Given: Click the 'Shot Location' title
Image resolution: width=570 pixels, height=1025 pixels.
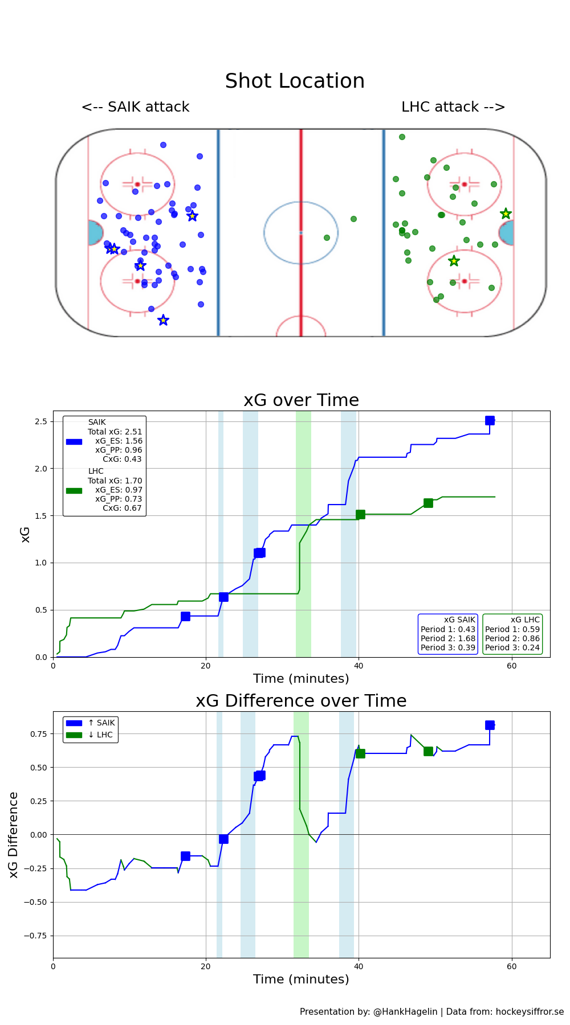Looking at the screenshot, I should click(295, 81).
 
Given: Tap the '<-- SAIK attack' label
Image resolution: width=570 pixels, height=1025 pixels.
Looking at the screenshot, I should click(135, 107).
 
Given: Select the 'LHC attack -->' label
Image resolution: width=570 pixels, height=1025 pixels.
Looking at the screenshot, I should click(453, 107).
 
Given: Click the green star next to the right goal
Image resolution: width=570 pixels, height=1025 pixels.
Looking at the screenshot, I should click(506, 214).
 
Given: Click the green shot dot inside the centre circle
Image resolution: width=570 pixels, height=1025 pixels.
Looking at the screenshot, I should click(327, 237).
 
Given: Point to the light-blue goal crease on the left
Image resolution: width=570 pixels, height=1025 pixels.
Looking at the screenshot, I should click(95, 233).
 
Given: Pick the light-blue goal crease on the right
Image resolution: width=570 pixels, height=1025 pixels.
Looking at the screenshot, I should click(507, 233).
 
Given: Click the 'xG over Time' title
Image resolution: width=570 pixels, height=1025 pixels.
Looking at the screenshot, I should click(301, 400).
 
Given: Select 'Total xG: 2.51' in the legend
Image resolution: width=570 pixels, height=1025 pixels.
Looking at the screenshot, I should click(115, 432).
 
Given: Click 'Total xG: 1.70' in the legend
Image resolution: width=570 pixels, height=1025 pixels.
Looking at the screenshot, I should click(115, 481).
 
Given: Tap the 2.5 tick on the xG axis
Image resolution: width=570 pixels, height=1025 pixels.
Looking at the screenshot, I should click(40, 421).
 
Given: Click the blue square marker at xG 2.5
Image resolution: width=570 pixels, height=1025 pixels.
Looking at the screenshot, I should click(490, 421).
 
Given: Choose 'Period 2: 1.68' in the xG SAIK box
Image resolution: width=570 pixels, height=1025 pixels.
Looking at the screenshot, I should click(447, 638).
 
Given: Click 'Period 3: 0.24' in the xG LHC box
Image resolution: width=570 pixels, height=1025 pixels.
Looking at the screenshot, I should click(512, 647).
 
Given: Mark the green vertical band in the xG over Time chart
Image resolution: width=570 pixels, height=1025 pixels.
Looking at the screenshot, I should click(303, 534).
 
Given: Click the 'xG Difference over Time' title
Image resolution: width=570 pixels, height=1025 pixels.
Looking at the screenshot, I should click(301, 701).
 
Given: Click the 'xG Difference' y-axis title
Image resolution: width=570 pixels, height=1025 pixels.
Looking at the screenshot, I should click(14, 834).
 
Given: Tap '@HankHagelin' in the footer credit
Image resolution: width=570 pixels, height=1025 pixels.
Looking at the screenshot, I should click(405, 1011).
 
